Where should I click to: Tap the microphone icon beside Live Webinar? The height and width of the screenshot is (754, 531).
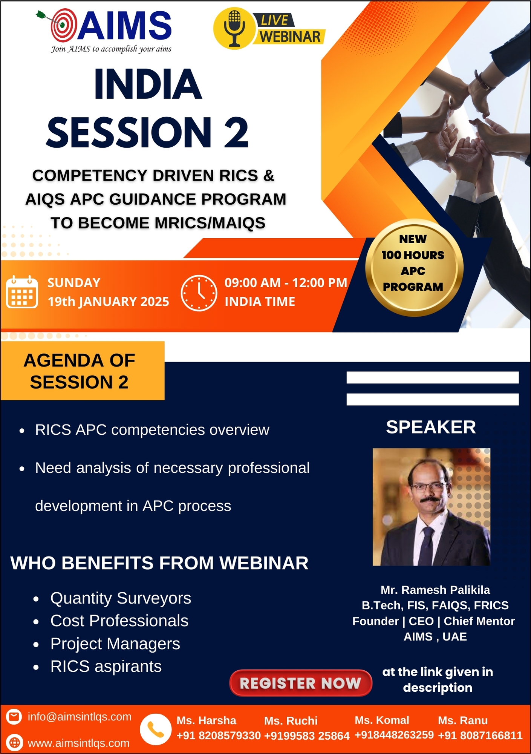click(x=234, y=28)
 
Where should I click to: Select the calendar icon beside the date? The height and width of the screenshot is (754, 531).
click(x=22, y=292)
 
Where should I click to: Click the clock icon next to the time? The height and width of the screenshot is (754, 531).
click(x=199, y=293)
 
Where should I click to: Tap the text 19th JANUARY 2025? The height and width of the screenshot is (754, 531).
click(x=108, y=302)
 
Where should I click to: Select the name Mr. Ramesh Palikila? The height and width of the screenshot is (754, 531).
click(x=435, y=590)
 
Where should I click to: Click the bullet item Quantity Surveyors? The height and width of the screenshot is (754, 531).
click(x=121, y=598)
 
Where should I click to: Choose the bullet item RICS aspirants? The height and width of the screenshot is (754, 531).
click(x=106, y=666)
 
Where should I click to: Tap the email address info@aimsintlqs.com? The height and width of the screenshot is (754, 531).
click(x=80, y=717)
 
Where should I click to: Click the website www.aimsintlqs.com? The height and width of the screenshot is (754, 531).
click(x=78, y=743)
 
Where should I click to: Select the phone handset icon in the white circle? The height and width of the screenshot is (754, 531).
click(x=156, y=729)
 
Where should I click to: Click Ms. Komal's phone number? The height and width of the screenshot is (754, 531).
click(x=394, y=735)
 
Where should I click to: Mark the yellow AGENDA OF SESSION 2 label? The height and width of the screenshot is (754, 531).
click(x=82, y=371)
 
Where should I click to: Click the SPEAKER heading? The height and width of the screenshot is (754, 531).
click(x=431, y=427)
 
